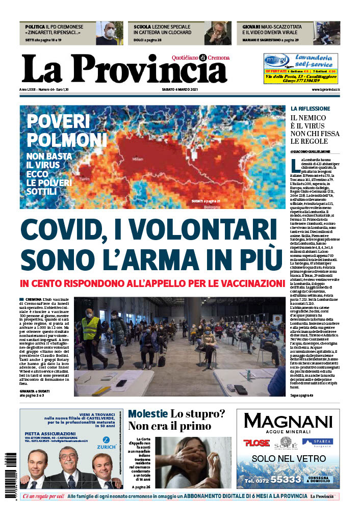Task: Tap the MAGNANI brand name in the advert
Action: (x=288, y=421)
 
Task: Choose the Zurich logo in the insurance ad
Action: (x=106, y=440)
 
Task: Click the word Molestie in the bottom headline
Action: (x=147, y=414)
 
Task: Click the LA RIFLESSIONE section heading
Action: (x=310, y=109)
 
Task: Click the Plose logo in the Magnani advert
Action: (x=256, y=443)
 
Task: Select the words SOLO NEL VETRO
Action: (x=288, y=458)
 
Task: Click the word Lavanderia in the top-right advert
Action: (x=316, y=58)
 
